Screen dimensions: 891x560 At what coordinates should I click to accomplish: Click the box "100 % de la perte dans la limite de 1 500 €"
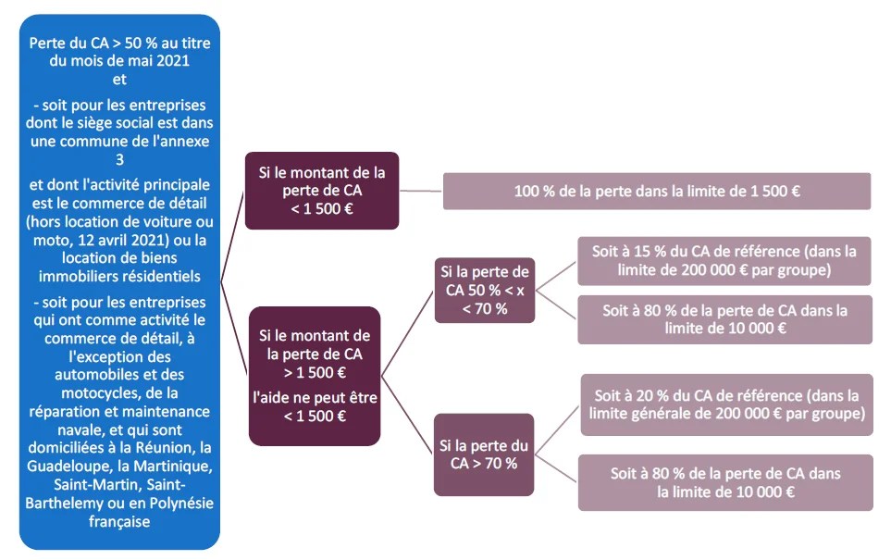point(657,191)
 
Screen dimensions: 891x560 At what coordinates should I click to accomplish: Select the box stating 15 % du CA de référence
point(724,260)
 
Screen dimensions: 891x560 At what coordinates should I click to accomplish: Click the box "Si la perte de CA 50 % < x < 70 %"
point(484,290)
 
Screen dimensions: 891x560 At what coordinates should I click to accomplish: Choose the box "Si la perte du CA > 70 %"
point(484,454)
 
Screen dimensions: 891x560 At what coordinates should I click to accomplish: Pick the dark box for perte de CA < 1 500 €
point(321,190)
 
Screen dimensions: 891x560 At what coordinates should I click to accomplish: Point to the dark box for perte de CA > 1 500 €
point(315,375)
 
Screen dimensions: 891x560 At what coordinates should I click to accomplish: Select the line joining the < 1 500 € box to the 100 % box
point(421,191)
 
